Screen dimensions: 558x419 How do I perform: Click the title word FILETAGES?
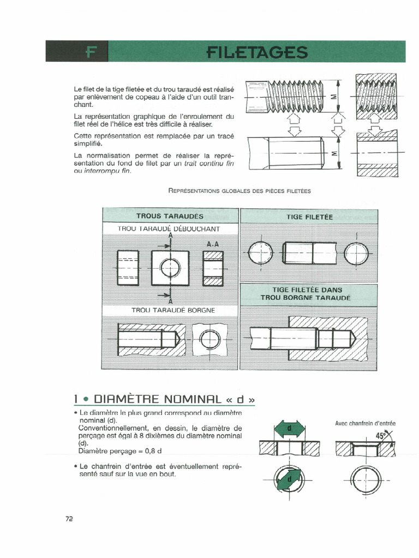[x=258, y=52]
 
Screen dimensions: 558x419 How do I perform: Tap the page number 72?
[x=69, y=519]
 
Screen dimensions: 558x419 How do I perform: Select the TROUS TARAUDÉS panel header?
[x=170, y=216]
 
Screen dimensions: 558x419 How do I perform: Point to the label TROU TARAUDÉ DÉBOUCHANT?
[x=169, y=228]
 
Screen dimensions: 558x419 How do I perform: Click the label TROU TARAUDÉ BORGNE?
[x=173, y=310]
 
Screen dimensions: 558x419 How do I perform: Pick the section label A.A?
[x=213, y=244]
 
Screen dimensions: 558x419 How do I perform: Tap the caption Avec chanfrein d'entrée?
[x=365, y=423]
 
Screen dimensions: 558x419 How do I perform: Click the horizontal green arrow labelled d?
[x=290, y=429]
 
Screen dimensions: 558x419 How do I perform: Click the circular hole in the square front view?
[x=171, y=268]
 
